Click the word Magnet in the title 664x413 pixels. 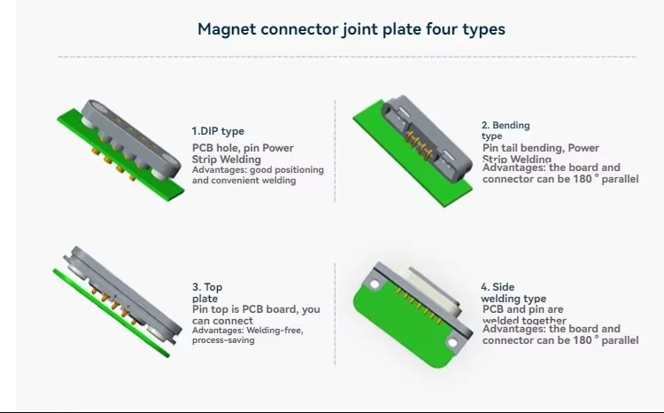(x=226, y=29)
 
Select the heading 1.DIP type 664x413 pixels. (x=218, y=131)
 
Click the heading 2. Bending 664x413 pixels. (x=506, y=126)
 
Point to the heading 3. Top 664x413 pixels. (x=207, y=287)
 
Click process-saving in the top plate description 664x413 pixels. (x=222, y=340)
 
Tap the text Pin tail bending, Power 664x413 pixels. (x=540, y=148)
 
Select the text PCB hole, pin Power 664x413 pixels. (x=243, y=148)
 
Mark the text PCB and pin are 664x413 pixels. (x=522, y=309)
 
